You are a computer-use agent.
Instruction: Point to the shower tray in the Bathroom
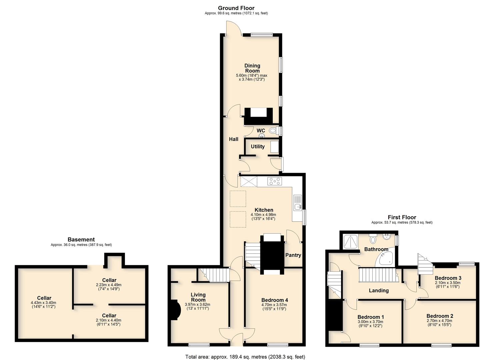coord(351,242)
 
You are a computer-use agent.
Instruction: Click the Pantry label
coord(293,255)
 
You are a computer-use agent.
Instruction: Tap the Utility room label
coord(258,147)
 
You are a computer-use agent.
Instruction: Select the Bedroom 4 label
coord(274,300)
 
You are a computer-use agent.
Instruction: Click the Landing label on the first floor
coord(379,291)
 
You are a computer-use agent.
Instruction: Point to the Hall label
coord(234,139)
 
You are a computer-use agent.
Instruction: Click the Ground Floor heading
coord(236,8)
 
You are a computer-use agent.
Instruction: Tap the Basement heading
coord(81,239)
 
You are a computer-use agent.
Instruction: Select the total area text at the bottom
coord(245,357)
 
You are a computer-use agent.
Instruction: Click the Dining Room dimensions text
coord(252,77)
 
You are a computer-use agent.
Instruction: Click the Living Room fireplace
coord(175,310)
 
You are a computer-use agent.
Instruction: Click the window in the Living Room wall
coord(199,345)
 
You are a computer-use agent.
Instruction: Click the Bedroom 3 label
coord(448,278)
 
